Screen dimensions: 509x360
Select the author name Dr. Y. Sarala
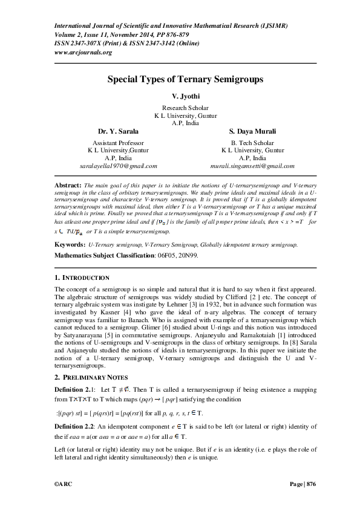[x=118, y=131]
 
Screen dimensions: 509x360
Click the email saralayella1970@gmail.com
[x=119, y=165]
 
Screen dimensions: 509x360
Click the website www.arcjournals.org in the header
[x=83, y=53]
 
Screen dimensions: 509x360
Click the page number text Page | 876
[x=303, y=484]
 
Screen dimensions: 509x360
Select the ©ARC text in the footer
[x=64, y=484]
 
